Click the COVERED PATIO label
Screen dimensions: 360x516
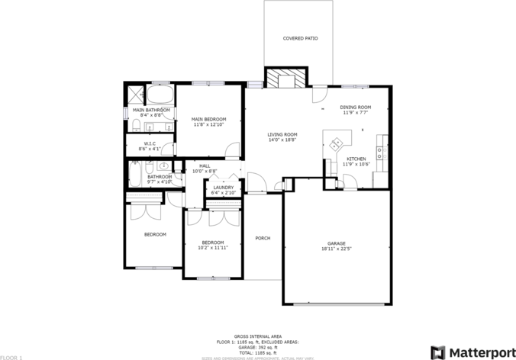coord(300,37)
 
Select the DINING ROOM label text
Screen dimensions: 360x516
coord(356,107)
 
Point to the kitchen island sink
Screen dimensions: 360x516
coord(336,142)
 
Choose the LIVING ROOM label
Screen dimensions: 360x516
coord(282,134)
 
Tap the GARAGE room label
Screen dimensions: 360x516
coord(336,243)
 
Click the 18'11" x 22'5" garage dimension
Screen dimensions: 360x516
coord(336,249)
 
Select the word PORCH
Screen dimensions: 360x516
coord(263,238)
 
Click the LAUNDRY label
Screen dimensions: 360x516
coord(223,188)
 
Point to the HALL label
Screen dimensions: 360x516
coord(205,166)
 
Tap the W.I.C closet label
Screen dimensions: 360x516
coord(150,143)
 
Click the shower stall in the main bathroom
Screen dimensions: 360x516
coord(135,95)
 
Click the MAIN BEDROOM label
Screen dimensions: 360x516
coord(208,119)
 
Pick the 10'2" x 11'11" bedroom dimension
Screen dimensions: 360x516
coord(213,247)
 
